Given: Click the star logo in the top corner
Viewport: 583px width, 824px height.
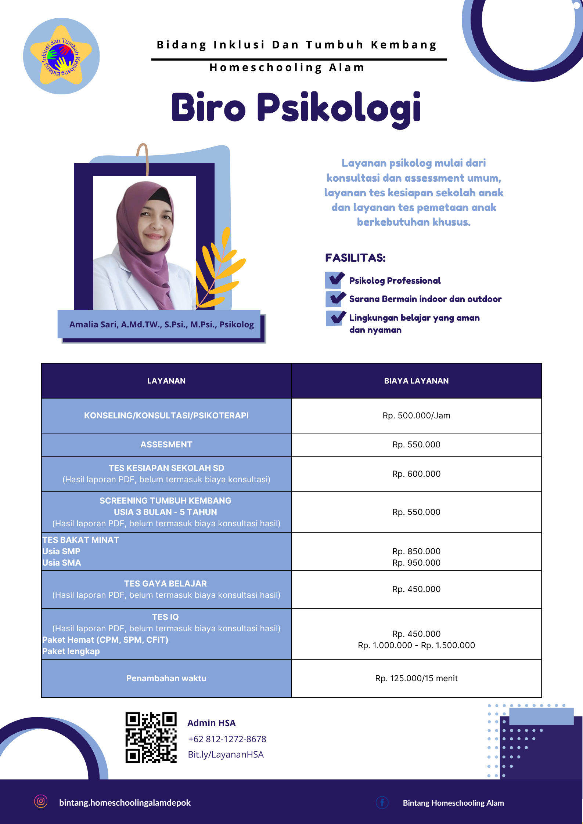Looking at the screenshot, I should (x=61, y=56).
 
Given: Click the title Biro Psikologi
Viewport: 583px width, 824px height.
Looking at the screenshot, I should (x=296, y=108).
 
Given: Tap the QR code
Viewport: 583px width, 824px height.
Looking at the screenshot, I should (x=151, y=737).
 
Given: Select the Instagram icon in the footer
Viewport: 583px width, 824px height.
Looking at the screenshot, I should (x=41, y=801).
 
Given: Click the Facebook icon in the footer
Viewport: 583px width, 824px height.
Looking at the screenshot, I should (x=382, y=802).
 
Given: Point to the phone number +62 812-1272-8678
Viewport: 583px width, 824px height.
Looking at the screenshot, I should (x=227, y=739).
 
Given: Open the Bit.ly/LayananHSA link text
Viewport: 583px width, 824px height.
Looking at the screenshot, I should (x=226, y=754).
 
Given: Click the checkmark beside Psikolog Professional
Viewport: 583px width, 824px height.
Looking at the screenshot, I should (x=335, y=280).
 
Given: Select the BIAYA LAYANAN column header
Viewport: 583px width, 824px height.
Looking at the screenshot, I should (x=416, y=381).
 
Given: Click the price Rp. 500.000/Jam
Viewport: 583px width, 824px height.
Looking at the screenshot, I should (x=416, y=415).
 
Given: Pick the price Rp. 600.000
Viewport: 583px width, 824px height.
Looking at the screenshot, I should (x=416, y=474).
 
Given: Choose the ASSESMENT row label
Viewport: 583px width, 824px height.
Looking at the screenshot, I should (x=166, y=444).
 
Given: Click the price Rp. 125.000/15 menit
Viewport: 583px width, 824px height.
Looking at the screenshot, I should (x=416, y=678).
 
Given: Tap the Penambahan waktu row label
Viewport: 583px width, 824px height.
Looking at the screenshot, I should (x=166, y=678).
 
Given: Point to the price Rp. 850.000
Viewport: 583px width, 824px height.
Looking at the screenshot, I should (x=416, y=551).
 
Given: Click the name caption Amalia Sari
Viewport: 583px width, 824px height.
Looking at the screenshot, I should (x=161, y=324).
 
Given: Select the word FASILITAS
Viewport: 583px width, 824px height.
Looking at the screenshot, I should (x=355, y=258).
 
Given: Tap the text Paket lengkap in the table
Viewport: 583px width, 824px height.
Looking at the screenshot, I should (x=71, y=651).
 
